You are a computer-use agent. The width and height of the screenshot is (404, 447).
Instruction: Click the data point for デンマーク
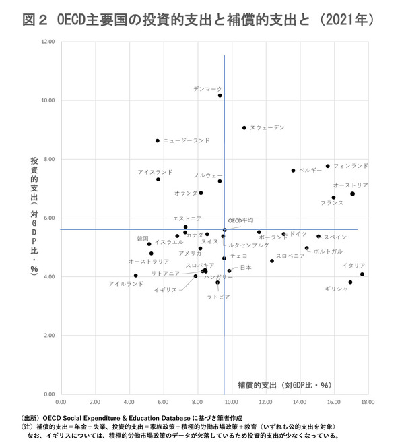[220, 96]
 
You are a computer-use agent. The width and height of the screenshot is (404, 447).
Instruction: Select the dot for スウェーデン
[244, 128]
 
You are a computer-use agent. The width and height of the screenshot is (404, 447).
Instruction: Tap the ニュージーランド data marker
[158, 140]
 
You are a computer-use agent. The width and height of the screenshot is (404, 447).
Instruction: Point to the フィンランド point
[328, 166]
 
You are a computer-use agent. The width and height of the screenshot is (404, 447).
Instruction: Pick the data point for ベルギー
[294, 171]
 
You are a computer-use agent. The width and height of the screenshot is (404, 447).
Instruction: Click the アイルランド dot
[136, 276]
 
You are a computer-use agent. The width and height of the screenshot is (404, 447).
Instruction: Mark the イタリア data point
[362, 274]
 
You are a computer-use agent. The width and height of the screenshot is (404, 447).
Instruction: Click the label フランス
[332, 203]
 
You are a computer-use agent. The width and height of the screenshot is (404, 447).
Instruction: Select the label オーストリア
[351, 185]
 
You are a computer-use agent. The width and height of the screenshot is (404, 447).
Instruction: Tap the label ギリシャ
[337, 289]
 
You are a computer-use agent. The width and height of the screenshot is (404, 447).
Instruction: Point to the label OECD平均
[240, 220]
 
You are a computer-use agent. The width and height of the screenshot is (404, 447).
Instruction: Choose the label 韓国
[142, 239]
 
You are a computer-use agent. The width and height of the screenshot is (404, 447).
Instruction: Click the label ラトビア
[218, 297]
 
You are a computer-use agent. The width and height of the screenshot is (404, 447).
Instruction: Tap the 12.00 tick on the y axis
[48, 42]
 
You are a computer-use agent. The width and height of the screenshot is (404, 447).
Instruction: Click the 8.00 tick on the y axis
[49, 159]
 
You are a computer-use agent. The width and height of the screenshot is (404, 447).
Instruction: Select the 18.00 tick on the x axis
[367, 401]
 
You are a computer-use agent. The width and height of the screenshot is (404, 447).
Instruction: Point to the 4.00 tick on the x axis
[129, 401]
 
